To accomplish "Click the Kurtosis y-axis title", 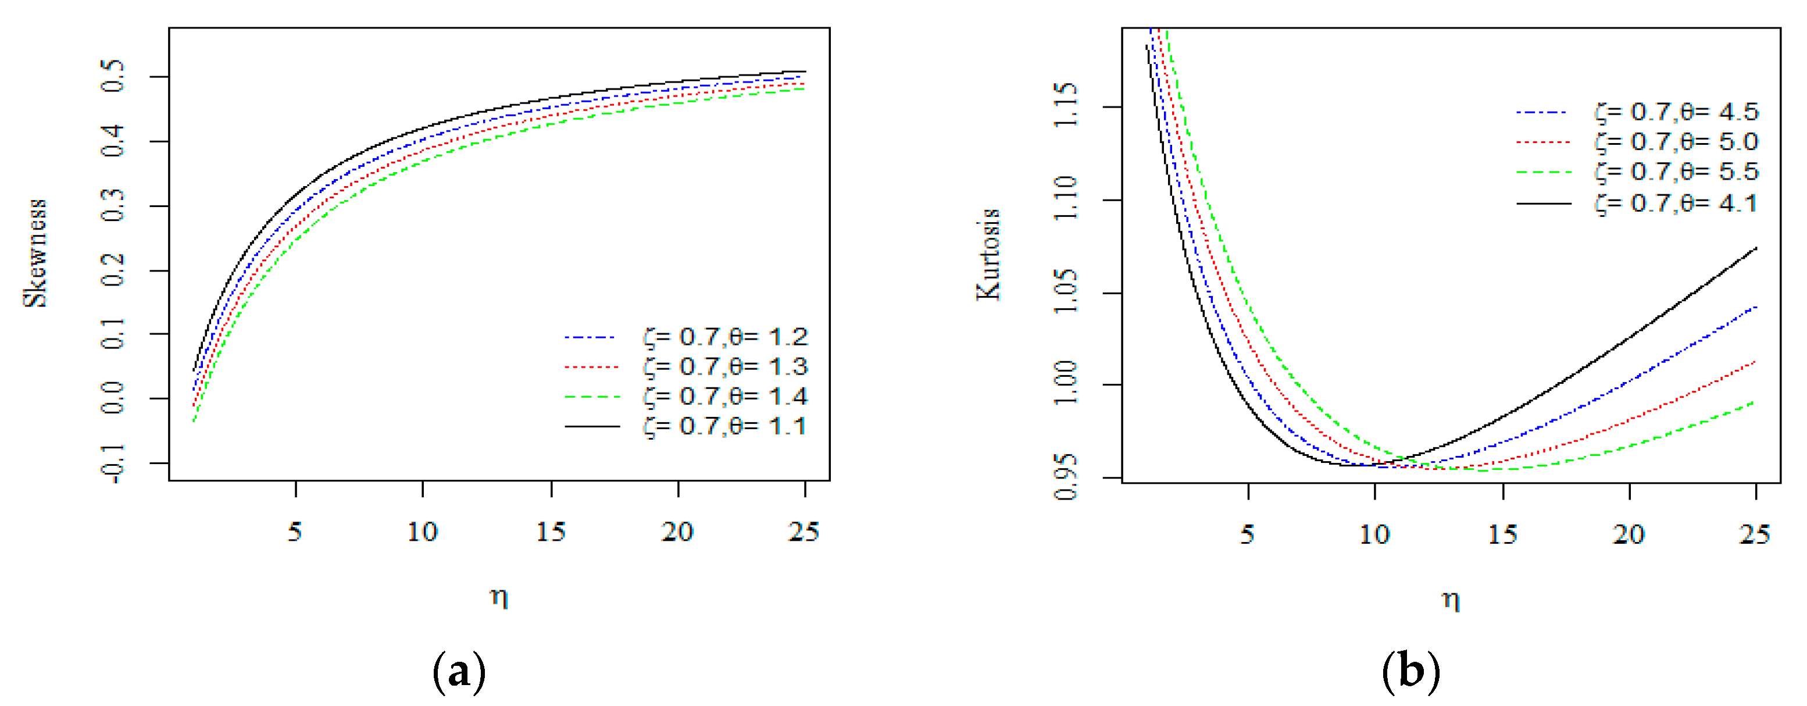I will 989,255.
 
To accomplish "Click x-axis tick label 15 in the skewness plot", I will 551,532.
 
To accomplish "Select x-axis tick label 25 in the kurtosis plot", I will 1755,535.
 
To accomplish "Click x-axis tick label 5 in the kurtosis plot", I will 1247,535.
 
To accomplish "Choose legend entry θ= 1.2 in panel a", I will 726,337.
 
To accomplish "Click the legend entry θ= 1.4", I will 726,397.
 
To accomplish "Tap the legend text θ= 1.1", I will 726,427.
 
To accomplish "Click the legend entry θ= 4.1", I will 1677,204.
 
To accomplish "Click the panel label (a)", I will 459,672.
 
